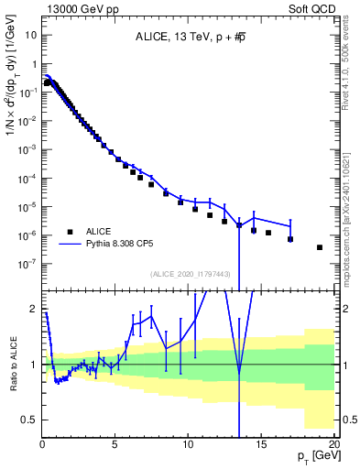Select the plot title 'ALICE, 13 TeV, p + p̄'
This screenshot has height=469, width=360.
(188, 38)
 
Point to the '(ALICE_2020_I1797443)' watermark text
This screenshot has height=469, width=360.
(189, 274)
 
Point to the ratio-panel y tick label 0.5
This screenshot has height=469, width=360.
(28, 420)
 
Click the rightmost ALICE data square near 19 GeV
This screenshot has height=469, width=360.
(320, 247)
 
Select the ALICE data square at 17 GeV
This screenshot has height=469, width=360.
(290, 239)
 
